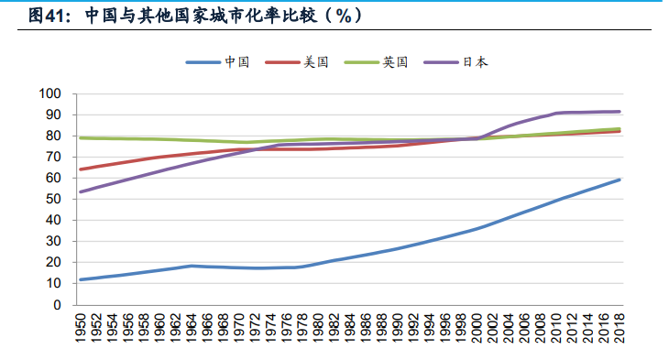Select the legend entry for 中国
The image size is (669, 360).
point(236,62)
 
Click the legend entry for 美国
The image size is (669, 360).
point(316,62)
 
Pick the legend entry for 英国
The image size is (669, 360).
point(396,62)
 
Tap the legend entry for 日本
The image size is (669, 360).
point(475,62)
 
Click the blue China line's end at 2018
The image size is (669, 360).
point(620,180)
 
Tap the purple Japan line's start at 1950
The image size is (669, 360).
point(81,191)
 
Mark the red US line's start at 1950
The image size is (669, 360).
point(81,169)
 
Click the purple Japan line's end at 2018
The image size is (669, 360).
point(620,112)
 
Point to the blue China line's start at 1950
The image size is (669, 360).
point(81,279)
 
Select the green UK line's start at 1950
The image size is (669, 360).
point(81,138)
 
